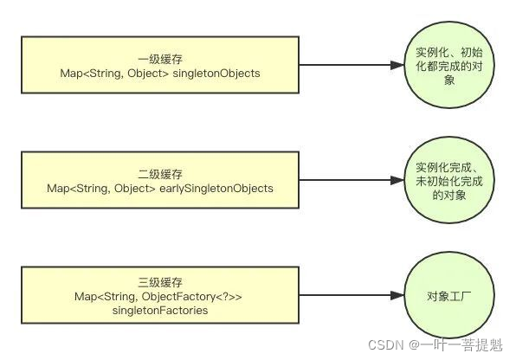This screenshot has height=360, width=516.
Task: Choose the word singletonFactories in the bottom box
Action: [x=160, y=310]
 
